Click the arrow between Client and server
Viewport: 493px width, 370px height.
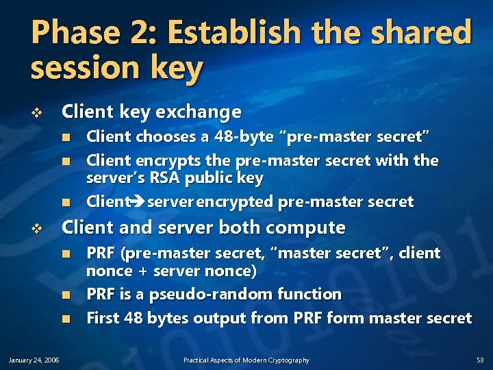click(x=138, y=202)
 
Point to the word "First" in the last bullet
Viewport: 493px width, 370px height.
click(x=103, y=318)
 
